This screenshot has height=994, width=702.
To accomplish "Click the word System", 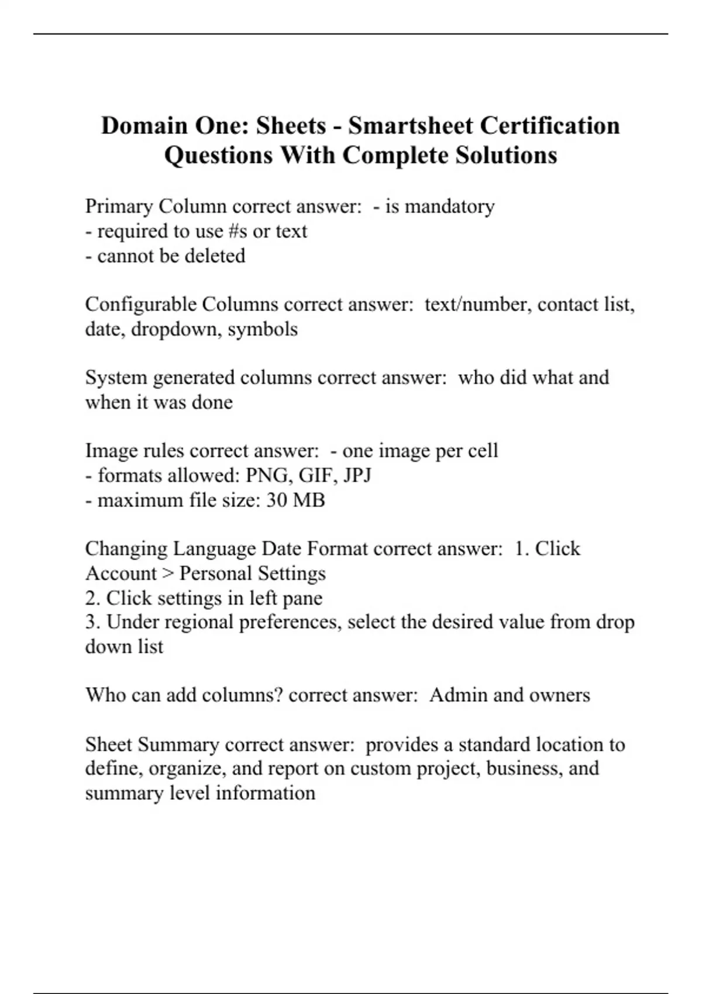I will [x=116, y=378].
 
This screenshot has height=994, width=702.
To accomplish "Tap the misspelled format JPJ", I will [x=357, y=475].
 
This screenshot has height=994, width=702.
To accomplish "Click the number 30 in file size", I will [x=276, y=501].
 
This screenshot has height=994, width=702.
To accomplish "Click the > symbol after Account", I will [x=168, y=574].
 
